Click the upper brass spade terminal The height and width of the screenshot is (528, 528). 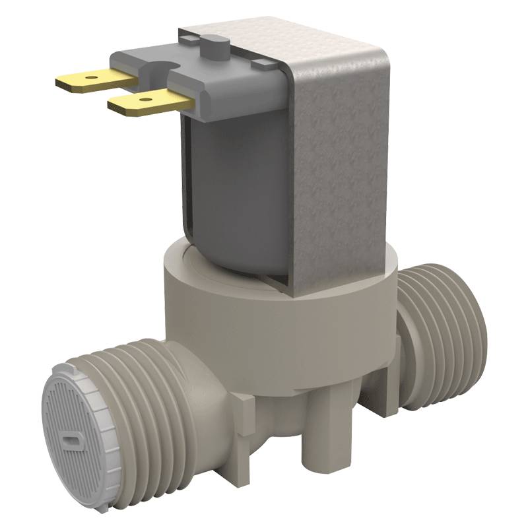tap(92, 79)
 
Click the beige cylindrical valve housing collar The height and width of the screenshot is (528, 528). tap(277, 330)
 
